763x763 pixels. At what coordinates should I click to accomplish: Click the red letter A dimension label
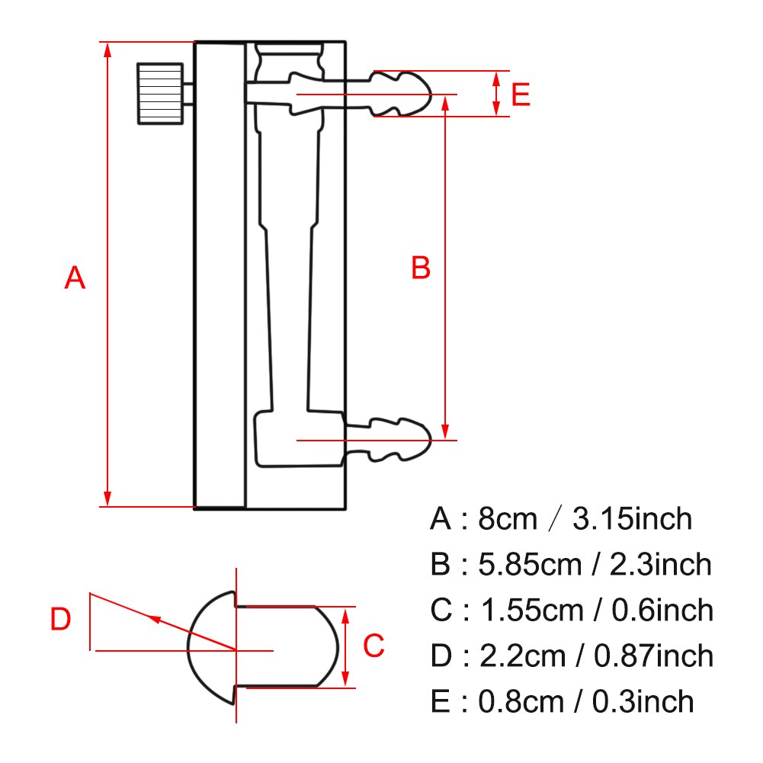(75, 278)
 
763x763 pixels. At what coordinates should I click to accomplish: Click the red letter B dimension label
(421, 268)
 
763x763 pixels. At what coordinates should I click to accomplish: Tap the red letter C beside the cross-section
(373, 646)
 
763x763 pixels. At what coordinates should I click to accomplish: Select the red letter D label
(60, 620)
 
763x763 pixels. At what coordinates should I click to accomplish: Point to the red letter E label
(520, 95)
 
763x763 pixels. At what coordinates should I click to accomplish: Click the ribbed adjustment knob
(160, 93)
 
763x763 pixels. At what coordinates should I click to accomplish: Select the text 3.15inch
(632, 519)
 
